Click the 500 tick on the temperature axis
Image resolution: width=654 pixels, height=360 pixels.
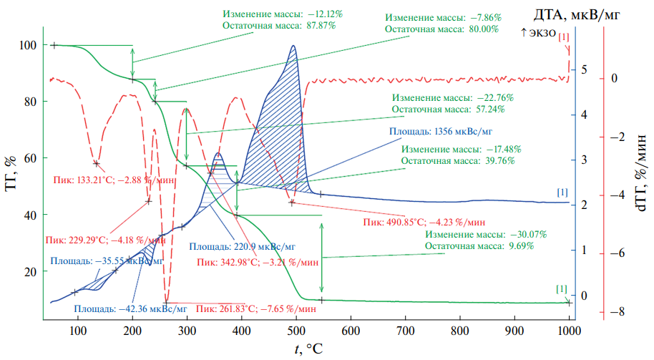351,331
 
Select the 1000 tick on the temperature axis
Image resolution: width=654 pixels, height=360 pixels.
568,331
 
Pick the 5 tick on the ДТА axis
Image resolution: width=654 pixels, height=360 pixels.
585,70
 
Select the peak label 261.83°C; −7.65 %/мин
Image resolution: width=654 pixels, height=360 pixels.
256,309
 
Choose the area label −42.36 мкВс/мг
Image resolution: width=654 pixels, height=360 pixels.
132,309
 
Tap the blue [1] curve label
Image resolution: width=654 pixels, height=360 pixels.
562,193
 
